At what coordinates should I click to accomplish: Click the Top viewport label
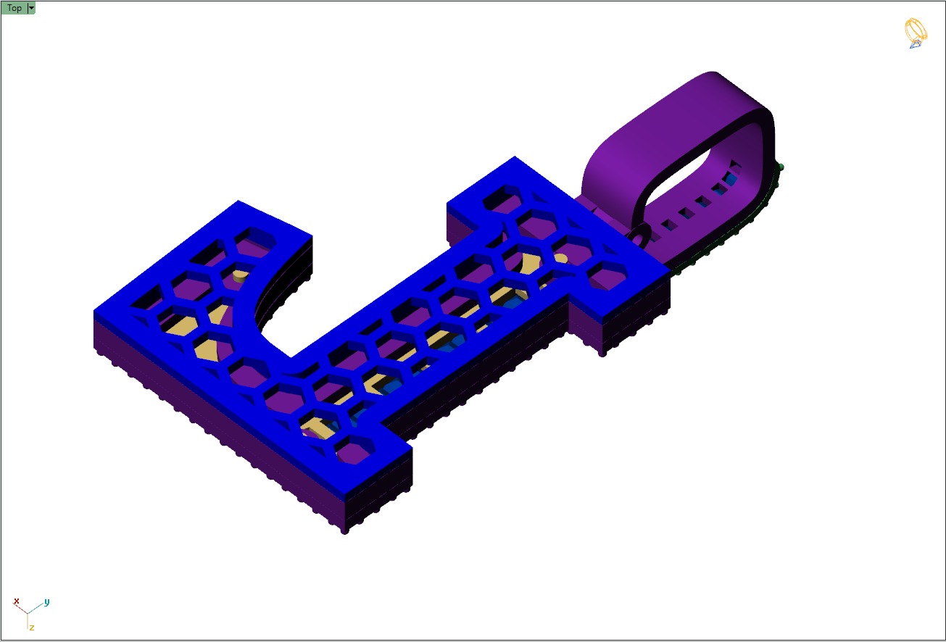coord(14,9)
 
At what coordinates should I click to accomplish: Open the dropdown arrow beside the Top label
coord(31,9)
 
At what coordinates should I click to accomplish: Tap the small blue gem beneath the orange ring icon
coord(915,44)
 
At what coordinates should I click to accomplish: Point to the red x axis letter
coord(16,601)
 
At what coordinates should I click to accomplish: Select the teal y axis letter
coord(46,601)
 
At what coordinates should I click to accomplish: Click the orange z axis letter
coord(31,627)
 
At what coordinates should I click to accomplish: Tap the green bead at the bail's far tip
coord(781,167)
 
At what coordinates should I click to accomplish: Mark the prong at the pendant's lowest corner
coord(345,530)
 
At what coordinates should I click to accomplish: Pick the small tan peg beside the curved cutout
coord(239,275)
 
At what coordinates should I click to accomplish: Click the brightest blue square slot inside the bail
coord(734,178)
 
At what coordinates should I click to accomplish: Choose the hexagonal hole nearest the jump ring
coord(607,274)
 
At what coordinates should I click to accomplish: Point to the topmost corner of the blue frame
coord(515,157)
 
